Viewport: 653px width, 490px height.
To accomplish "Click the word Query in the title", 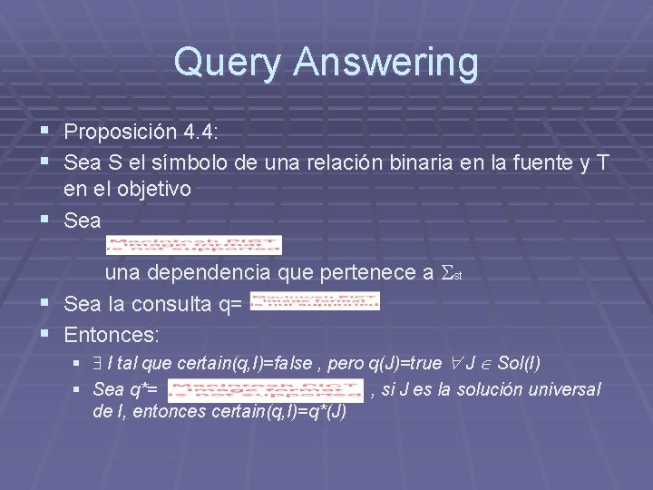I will [228, 63].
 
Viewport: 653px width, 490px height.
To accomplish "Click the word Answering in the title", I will [385, 63].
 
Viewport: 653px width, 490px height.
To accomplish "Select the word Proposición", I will [121, 132].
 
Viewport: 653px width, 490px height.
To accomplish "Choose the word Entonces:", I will [112, 334].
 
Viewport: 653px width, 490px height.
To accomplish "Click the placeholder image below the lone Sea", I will [194, 245].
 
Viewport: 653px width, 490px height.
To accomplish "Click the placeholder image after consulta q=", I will [314, 301].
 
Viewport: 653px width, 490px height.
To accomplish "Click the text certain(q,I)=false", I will [243, 364].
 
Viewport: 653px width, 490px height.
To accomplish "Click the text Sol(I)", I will [520, 364].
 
